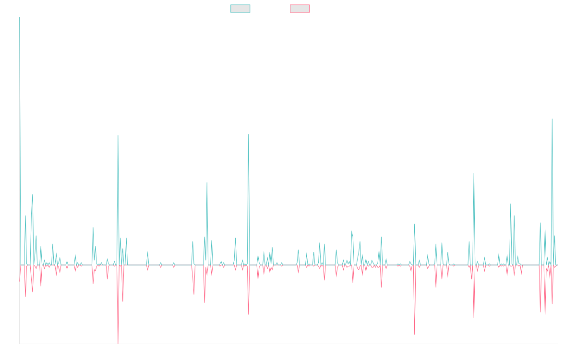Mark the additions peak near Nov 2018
(x=118, y=135)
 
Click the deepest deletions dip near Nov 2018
(x=118, y=343)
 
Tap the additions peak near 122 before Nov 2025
(x=552, y=119)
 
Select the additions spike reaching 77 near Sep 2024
(x=474, y=174)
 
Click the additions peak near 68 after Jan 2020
(x=207, y=183)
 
